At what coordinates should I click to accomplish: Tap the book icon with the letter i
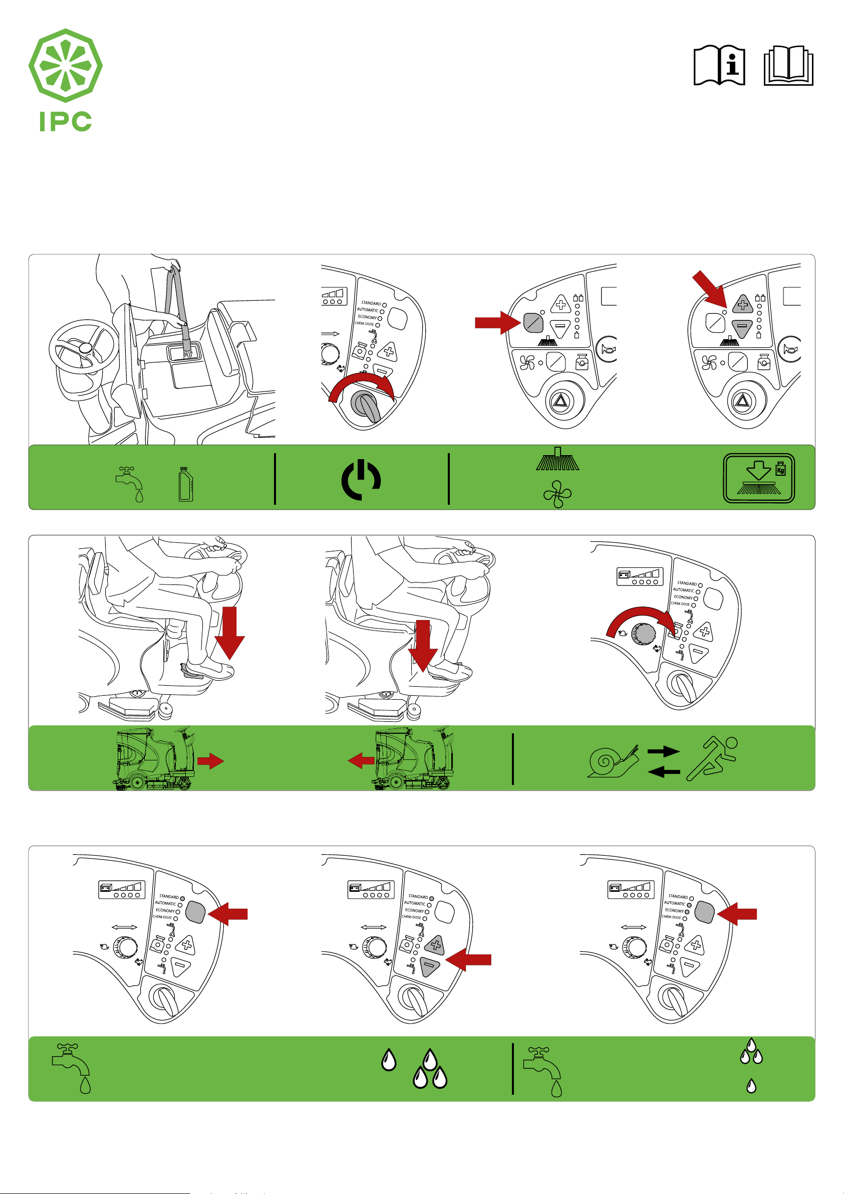719,66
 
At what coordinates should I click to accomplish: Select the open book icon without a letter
788,66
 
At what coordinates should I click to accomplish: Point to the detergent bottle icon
185,484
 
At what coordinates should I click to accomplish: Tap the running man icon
712,758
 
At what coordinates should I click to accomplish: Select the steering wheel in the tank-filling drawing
83,347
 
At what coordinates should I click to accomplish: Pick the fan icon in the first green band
557,494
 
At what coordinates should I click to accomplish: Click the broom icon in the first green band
557,459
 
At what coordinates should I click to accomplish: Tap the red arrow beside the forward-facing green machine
210,762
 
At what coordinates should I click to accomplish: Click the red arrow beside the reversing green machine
361,762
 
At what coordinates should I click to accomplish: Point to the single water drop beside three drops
389,1060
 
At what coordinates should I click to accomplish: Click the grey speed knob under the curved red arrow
644,634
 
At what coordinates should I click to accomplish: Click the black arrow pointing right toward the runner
664,751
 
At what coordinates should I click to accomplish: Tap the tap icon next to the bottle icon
130,483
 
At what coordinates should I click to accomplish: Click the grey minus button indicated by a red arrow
430,966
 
